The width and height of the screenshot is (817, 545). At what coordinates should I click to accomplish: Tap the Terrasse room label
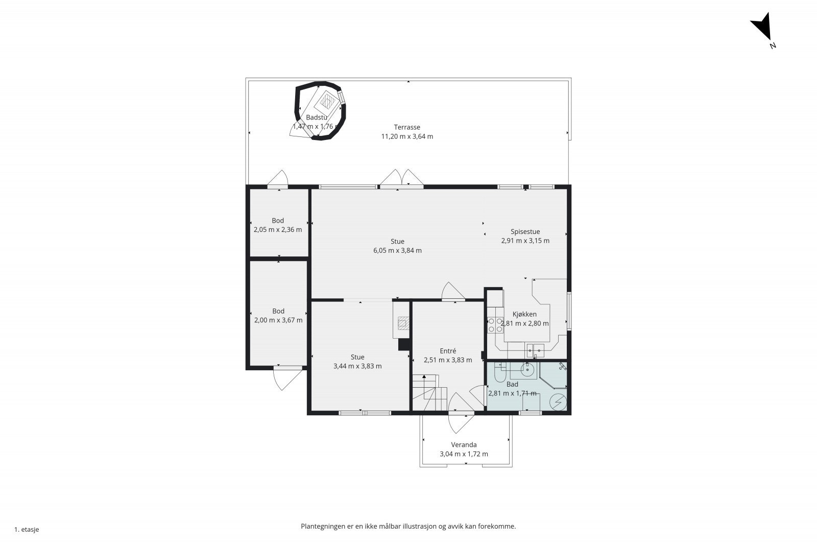pyautogui.click(x=407, y=127)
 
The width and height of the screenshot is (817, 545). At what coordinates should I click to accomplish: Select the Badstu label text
pyautogui.click(x=317, y=117)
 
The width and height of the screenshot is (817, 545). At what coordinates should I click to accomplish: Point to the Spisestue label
pyautogui.click(x=525, y=232)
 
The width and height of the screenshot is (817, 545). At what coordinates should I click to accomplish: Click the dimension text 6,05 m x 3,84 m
pyautogui.click(x=398, y=251)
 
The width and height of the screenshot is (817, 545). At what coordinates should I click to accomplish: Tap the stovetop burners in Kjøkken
pyautogui.click(x=495, y=325)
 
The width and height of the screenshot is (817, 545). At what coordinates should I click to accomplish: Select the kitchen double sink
pyautogui.click(x=535, y=350)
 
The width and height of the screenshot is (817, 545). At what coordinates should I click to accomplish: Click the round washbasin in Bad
pyautogui.click(x=527, y=369)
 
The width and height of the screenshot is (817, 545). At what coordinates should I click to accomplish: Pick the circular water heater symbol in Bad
pyautogui.click(x=559, y=402)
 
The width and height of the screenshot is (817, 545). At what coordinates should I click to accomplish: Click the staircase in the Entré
pyautogui.click(x=429, y=393)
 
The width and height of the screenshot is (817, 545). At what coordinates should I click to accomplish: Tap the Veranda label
pyautogui.click(x=464, y=445)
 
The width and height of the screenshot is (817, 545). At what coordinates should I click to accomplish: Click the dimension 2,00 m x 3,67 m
pyautogui.click(x=278, y=320)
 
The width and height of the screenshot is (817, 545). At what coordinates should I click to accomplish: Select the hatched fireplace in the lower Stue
pyautogui.click(x=403, y=323)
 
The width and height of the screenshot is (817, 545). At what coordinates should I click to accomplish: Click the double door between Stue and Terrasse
pyautogui.click(x=401, y=178)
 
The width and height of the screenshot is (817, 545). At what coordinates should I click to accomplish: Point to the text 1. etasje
pyautogui.click(x=27, y=530)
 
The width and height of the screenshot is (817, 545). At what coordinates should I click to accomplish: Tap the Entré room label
pyautogui.click(x=448, y=351)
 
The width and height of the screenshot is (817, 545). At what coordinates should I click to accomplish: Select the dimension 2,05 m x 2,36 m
pyautogui.click(x=278, y=230)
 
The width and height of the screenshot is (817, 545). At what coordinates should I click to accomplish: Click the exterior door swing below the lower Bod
pyautogui.click(x=287, y=380)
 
